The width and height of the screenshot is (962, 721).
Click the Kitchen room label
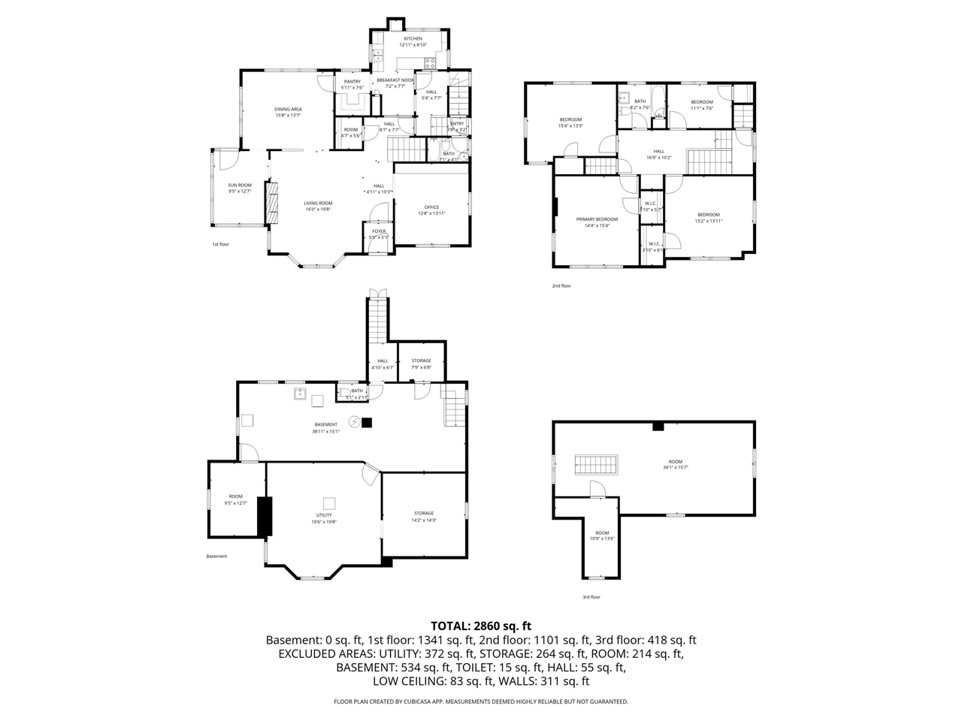pos(413,38)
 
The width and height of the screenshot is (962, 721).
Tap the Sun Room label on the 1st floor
pos(240,185)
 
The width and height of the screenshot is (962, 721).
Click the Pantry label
pos(352,82)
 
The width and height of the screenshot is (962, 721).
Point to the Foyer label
pos(379,231)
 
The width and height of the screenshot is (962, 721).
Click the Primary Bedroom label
pos(597,219)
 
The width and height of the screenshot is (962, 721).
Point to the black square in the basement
pos(367,423)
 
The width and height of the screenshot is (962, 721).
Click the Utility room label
pos(324,515)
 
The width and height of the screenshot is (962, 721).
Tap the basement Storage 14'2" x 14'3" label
pos(424,514)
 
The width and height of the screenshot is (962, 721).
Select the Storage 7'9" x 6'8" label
pos(421,361)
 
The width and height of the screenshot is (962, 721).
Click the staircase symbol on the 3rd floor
pos(596,465)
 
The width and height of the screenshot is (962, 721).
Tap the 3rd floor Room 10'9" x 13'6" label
pos(603,532)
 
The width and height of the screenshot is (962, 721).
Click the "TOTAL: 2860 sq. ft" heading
pos(481,625)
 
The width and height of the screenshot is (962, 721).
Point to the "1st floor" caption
pos(220,244)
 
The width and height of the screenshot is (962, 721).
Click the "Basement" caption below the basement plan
pos(216,557)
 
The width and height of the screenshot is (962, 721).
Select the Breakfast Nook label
pos(395,80)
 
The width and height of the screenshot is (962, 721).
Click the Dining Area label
pos(288,109)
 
